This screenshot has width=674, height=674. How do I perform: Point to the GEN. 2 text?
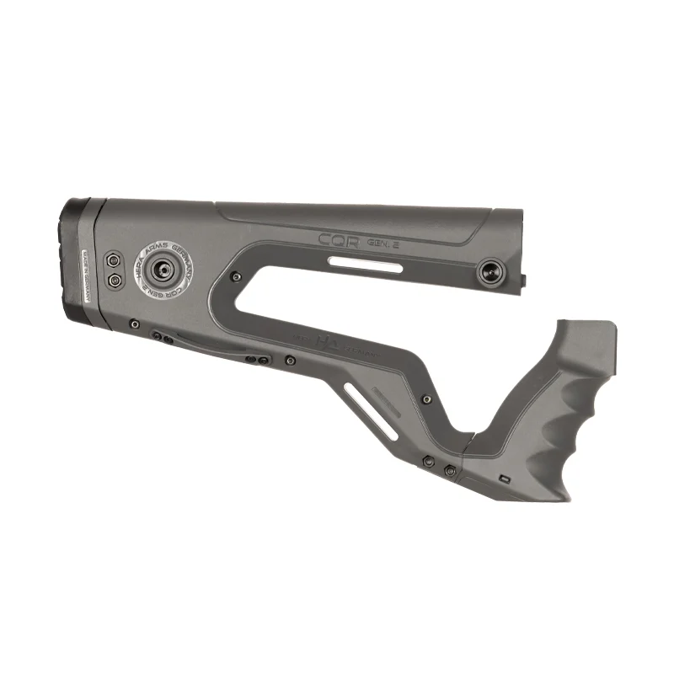(x=384, y=243)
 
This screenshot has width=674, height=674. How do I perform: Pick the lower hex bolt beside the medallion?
(x=113, y=280)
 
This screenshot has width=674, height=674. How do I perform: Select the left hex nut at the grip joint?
(x=430, y=461)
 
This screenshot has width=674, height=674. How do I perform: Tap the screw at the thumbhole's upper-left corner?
(x=238, y=275)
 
